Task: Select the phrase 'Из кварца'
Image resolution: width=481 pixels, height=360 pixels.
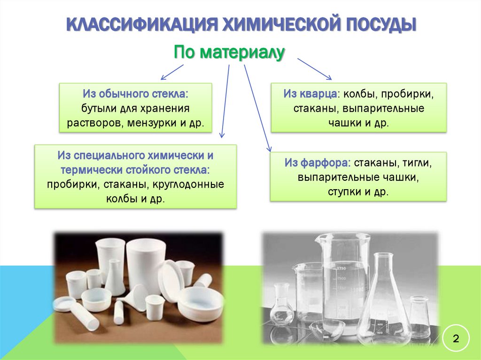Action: pos(310,93)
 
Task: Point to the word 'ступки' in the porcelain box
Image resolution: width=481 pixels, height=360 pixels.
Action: pos(342,192)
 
